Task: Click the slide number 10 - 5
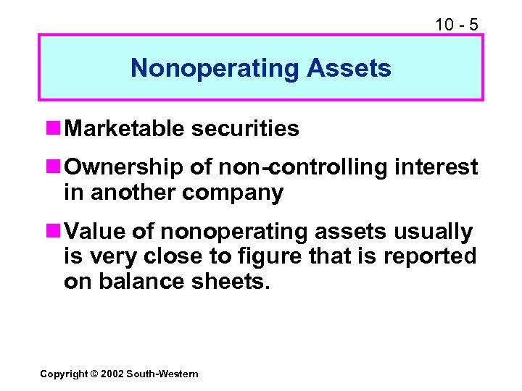coord(456,24)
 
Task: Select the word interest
coord(436,168)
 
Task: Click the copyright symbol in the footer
coord(94,374)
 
